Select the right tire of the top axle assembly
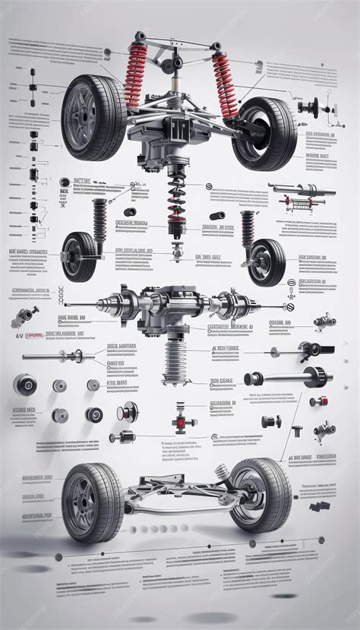(x=265, y=133)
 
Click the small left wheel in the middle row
(x=79, y=257)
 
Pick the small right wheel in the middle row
(x=266, y=262)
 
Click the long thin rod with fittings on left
(x=57, y=355)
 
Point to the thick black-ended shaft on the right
(x=289, y=376)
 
